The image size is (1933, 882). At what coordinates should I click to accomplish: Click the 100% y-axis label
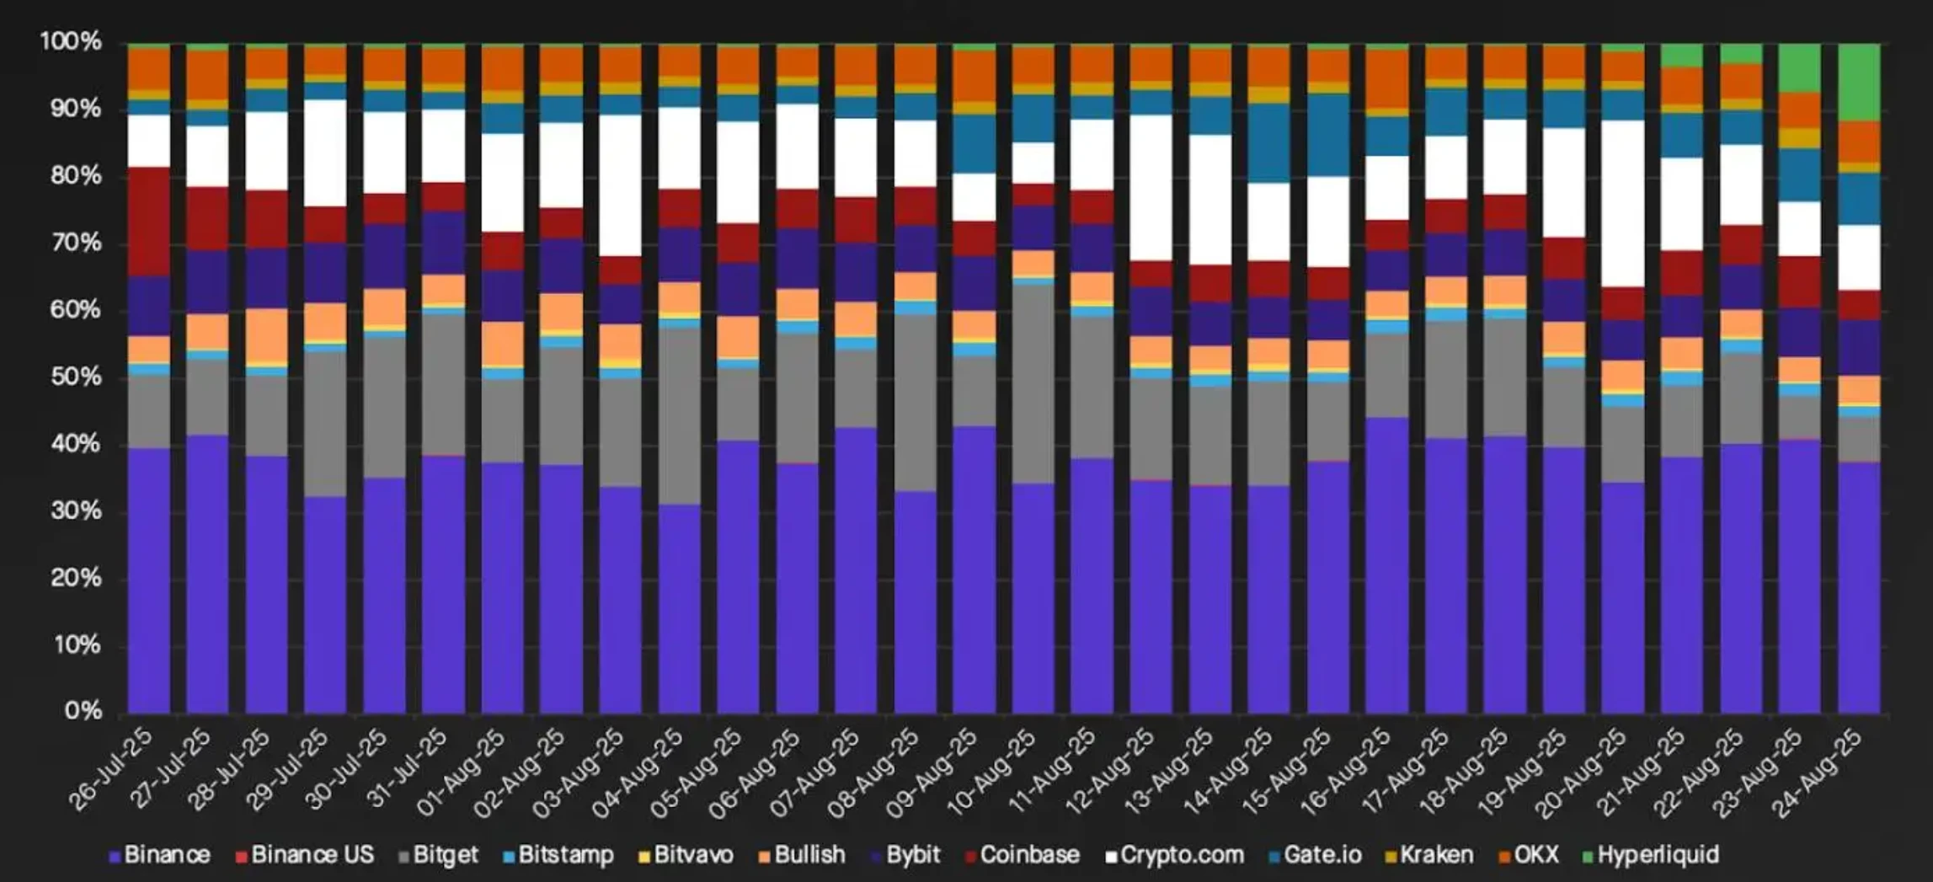[71, 42]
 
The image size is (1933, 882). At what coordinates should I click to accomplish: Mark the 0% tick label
[83, 712]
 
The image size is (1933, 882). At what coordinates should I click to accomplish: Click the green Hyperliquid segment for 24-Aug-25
[1859, 83]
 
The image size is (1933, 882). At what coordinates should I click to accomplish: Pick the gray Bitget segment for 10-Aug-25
[1033, 384]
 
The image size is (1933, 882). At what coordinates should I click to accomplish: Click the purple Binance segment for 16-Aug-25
[1386, 564]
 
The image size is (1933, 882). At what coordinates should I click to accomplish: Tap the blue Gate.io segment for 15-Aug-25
[1328, 135]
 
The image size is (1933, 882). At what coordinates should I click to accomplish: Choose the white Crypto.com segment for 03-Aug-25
[620, 185]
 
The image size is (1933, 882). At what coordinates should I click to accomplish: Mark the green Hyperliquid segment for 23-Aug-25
[1800, 68]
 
